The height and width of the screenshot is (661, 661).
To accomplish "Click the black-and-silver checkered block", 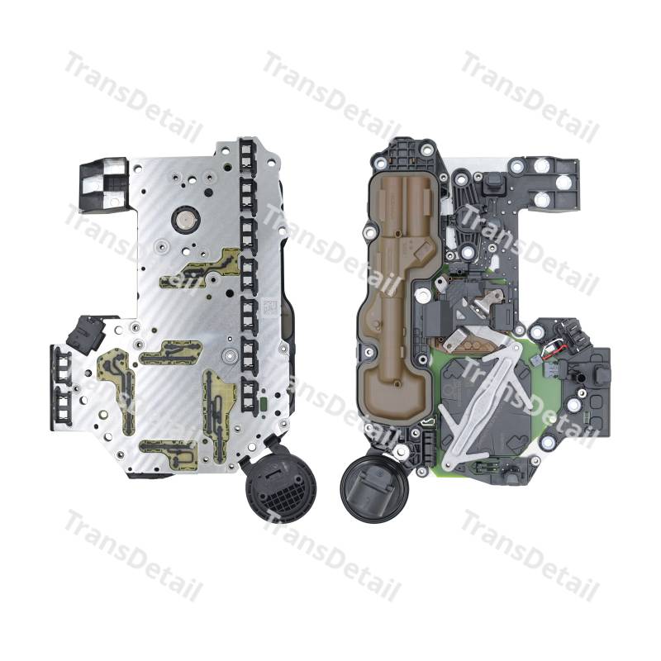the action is click(103, 184).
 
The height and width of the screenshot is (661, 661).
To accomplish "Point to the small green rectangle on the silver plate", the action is click(264, 403).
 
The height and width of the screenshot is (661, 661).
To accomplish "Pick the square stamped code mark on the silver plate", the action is click(269, 306).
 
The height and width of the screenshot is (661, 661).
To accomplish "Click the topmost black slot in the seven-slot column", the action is click(249, 155).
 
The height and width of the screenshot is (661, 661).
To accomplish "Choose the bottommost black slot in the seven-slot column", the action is click(250, 396).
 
